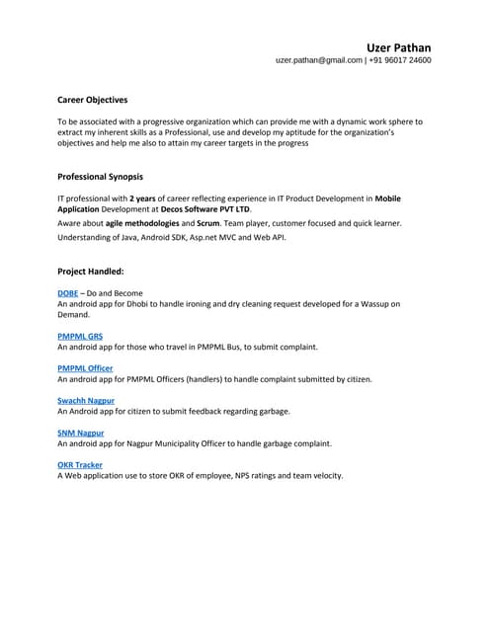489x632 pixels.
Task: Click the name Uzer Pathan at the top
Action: coord(398,46)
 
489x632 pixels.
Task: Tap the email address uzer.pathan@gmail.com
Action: coord(319,60)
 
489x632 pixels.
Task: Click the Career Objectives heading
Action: coord(92,100)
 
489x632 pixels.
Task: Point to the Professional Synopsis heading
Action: coord(100,177)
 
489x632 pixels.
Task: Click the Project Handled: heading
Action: coord(90,270)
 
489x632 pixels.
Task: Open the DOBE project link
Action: coord(67,293)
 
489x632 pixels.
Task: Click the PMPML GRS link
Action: coord(79,337)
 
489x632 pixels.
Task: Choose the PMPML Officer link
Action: coord(85,368)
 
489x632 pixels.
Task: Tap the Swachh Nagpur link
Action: coord(86,400)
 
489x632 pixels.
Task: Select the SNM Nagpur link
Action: coord(80,433)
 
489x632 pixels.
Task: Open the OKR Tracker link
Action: coord(79,464)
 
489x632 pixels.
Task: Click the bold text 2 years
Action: coord(144,198)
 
